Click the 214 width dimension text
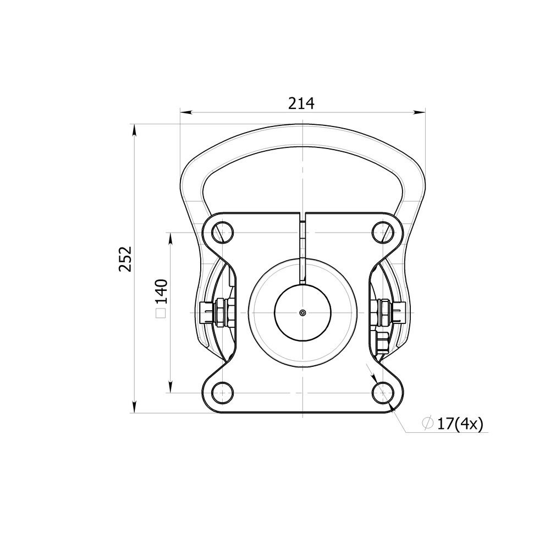[x=301, y=103]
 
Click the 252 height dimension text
[x=125, y=259]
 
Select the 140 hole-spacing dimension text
[x=161, y=291]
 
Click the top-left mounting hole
[x=222, y=232]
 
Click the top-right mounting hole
[x=383, y=232]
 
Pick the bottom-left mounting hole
[x=222, y=393]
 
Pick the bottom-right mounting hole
[x=383, y=393]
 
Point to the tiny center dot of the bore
[x=302, y=312]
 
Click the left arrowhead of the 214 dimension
[x=186, y=112]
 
